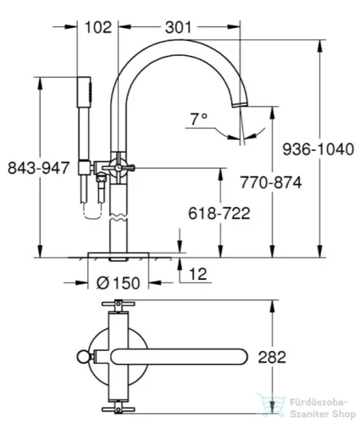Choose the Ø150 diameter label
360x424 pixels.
click(119, 282)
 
